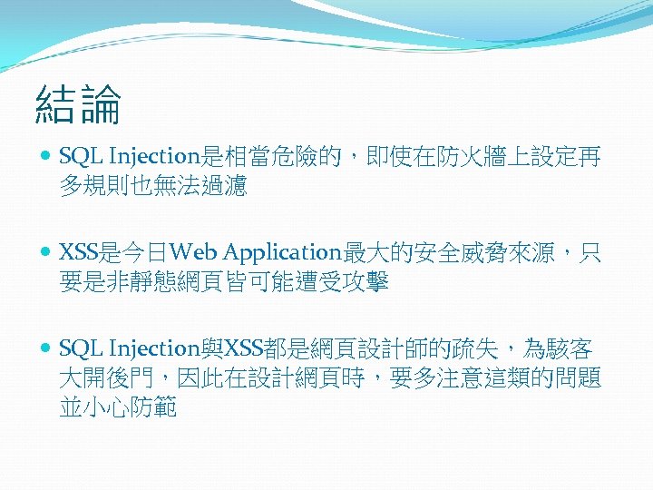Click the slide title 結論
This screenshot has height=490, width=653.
(x=78, y=105)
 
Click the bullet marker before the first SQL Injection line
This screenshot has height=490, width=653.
(x=46, y=157)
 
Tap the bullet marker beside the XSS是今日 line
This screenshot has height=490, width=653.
(x=46, y=252)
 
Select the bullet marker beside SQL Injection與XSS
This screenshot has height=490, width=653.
(x=46, y=348)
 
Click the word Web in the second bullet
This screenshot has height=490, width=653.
(x=193, y=252)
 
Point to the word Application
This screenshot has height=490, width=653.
(x=281, y=252)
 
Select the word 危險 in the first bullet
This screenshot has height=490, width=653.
(x=300, y=157)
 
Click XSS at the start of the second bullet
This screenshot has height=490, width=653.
(x=76, y=252)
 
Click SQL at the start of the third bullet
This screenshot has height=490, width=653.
(x=79, y=348)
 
